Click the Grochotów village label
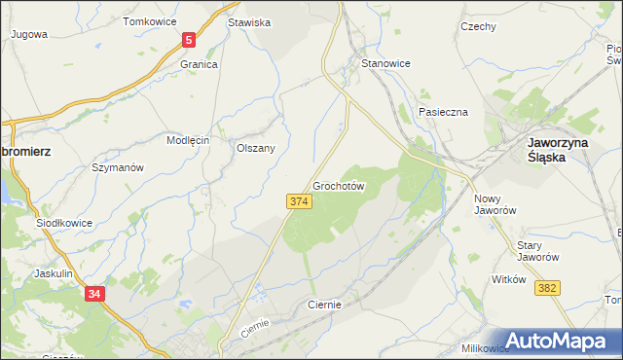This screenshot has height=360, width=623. pyautogui.click(x=339, y=185)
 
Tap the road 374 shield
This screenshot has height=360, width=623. pyautogui.click(x=299, y=200)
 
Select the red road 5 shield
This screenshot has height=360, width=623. pyautogui.click(x=189, y=40)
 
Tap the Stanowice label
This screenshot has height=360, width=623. pyautogui.click(x=385, y=63)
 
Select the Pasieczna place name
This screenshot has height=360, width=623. pyautogui.click(x=444, y=112)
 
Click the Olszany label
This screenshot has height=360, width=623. pyautogui.click(x=256, y=148)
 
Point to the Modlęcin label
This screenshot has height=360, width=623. pyautogui.click(x=188, y=140)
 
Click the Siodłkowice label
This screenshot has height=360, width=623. pyautogui.click(x=64, y=222)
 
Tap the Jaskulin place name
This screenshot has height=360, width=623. pyautogui.click(x=54, y=273)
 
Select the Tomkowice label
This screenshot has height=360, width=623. pyautogui.click(x=149, y=20)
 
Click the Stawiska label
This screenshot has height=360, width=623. pyautogui.click(x=248, y=21)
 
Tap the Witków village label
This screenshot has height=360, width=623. pyautogui.click(x=509, y=279)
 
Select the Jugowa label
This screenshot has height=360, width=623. pyautogui.click(x=28, y=33)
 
